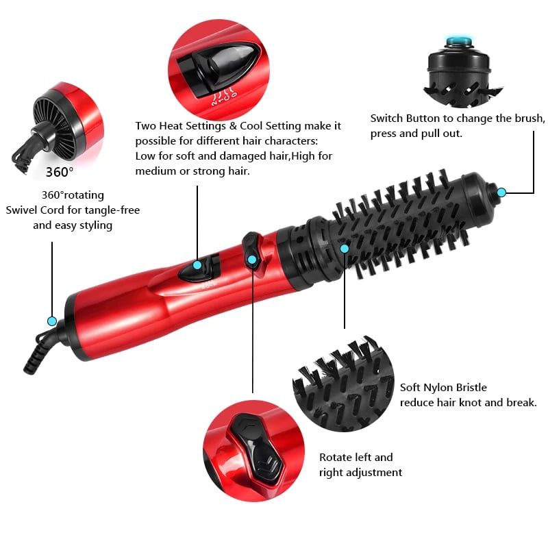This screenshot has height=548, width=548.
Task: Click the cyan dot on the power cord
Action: pyautogui.click(x=51, y=321)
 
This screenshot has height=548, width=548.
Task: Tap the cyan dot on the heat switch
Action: pyautogui.click(x=197, y=265)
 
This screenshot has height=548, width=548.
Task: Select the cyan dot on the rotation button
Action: pyautogui.click(x=252, y=259)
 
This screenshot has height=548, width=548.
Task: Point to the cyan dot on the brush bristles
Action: pyautogui.click(x=345, y=248)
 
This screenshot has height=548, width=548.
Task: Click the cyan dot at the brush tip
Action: pyautogui.click(x=501, y=192)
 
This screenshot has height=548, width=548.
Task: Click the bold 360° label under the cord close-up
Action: pyautogui.click(x=60, y=171)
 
